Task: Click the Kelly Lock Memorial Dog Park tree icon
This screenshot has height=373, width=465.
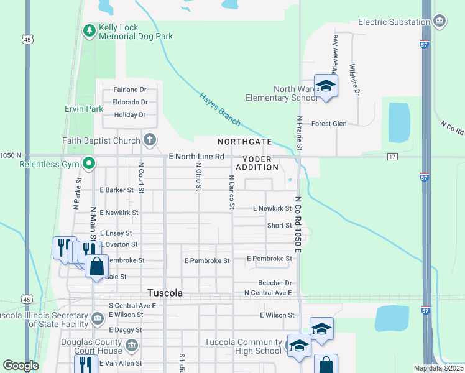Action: tap(90, 30)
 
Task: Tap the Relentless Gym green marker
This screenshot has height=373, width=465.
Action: tap(90, 164)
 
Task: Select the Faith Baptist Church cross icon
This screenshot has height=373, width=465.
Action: tap(149, 139)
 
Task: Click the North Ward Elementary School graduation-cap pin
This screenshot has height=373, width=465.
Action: tap(325, 86)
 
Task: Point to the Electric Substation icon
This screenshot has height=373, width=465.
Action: tap(440, 22)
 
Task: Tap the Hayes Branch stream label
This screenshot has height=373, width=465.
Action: tap(220, 109)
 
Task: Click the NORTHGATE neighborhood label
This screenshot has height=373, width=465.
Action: tap(244, 142)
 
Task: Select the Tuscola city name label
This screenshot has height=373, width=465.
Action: tap(165, 293)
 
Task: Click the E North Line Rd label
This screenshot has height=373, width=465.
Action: tap(196, 157)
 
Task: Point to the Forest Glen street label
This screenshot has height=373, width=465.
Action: tap(329, 124)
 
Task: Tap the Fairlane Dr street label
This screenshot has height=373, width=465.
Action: tap(129, 90)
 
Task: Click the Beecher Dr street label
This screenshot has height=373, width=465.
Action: tap(275, 283)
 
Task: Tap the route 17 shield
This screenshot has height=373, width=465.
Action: tap(392, 156)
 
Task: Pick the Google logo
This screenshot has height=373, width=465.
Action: tap(21, 366)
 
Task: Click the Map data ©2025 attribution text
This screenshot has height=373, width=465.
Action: tap(438, 368)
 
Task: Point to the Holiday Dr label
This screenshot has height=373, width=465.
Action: tap(129, 114)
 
